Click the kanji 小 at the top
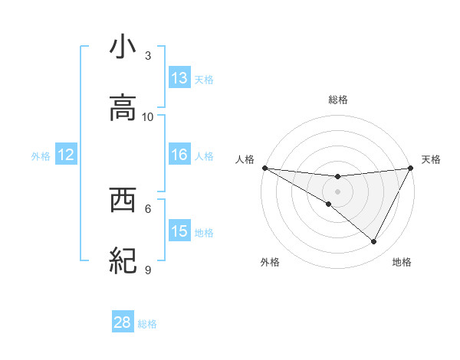click(x=123, y=47)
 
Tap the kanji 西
click(x=123, y=201)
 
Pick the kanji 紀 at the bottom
click(x=123, y=261)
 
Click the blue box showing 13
click(x=179, y=78)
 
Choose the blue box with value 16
click(x=179, y=155)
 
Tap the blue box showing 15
click(x=179, y=231)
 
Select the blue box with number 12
click(x=66, y=155)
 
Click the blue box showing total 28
click(x=123, y=322)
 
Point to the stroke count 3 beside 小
click(x=148, y=56)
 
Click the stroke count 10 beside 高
click(x=148, y=116)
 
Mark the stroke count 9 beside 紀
click(x=148, y=270)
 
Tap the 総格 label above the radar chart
click(x=337, y=100)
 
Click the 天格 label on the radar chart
click(x=431, y=159)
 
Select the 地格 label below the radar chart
click(x=402, y=262)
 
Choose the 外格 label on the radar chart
click(x=270, y=262)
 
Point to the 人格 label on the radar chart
click(x=245, y=159)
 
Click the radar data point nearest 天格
click(x=411, y=168)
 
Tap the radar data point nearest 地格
click(x=374, y=242)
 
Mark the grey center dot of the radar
click(x=337, y=191)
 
